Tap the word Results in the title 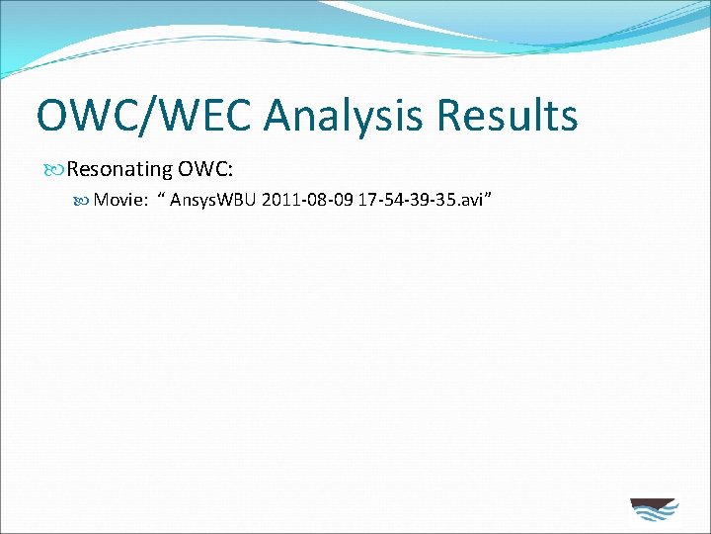(506, 116)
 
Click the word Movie (119, 200)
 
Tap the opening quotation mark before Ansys (162, 197)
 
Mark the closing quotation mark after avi (487, 197)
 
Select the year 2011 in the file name (279, 200)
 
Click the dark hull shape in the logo (653, 503)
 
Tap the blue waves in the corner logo (654, 517)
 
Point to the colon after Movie (145, 201)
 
